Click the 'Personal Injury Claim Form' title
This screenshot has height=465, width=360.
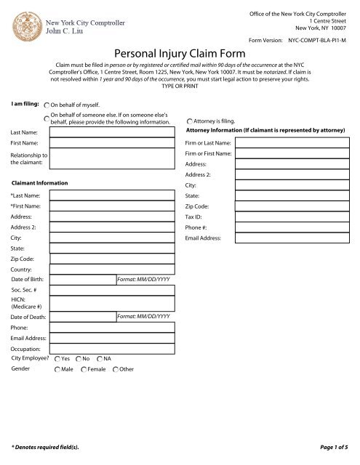179,53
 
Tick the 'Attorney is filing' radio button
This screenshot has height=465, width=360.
190,121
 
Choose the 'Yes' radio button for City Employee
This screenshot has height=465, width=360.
57,358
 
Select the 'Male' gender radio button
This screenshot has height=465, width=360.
57,370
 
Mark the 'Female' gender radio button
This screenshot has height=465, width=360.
81,370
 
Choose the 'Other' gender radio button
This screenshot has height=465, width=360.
116,370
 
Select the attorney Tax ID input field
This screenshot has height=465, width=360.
295,217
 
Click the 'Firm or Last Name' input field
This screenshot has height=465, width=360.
295,143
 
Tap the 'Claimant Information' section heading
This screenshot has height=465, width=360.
40,183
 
